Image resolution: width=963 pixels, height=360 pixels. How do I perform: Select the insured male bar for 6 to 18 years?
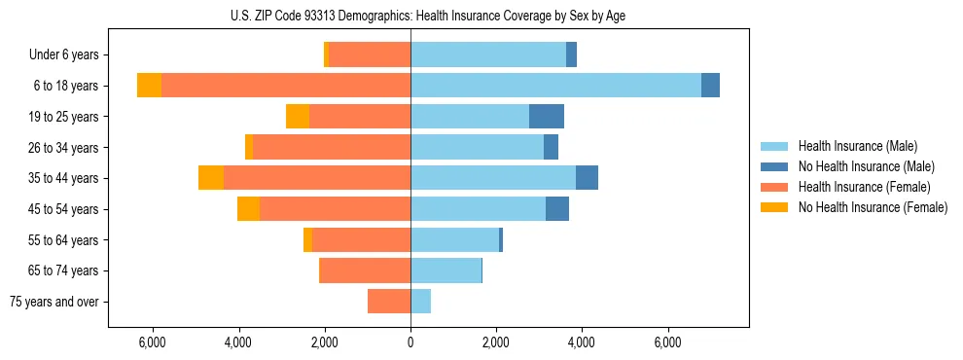pyautogui.click(x=555, y=85)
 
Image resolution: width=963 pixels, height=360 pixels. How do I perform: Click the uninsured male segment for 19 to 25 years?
pyautogui.click(x=547, y=116)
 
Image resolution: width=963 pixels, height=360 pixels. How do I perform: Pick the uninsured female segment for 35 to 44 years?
pyautogui.click(x=211, y=177)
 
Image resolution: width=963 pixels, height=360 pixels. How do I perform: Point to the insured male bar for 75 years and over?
pyautogui.click(x=421, y=302)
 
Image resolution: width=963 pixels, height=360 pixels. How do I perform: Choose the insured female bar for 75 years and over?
pyautogui.click(x=389, y=302)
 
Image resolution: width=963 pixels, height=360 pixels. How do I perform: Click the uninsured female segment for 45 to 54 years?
pyautogui.click(x=249, y=208)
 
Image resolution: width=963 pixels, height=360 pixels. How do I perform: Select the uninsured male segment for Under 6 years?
pyautogui.click(x=572, y=54)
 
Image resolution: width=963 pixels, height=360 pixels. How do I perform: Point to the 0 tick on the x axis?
pyautogui.click(x=410, y=342)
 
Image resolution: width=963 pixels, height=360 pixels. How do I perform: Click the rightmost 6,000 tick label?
pyautogui.click(x=667, y=342)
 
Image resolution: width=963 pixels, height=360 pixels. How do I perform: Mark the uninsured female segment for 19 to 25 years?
pyautogui.click(x=298, y=116)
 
